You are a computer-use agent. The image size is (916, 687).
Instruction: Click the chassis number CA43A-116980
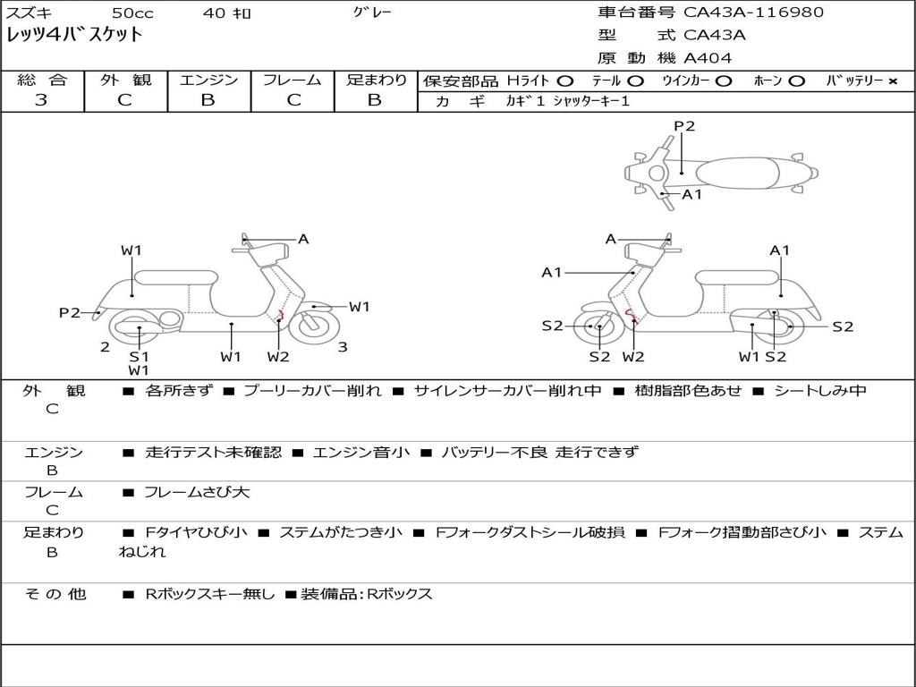(x=753, y=13)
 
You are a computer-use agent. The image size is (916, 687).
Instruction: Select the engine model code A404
(x=708, y=58)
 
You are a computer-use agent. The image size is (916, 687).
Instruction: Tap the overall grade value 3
(x=41, y=100)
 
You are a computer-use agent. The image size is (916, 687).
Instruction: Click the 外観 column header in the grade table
(x=126, y=80)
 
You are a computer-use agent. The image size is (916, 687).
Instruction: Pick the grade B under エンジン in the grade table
(x=208, y=100)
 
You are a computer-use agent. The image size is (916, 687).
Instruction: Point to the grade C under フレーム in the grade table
(x=292, y=100)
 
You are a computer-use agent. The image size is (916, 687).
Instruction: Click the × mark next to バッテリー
(x=892, y=81)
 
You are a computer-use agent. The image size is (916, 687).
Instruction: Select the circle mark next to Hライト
(x=565, y=81)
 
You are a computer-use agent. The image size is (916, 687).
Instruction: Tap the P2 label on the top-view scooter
(x=684, y=126)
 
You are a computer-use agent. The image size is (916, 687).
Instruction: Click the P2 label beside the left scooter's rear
(x=70, y=312)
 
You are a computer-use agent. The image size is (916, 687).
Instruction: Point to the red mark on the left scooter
(x=281, y=314)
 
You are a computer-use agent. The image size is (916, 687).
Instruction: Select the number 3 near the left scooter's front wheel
(x=342, y=347)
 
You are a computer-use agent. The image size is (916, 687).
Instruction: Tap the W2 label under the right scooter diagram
(x=633, y=357)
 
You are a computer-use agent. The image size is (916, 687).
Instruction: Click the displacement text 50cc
(x=131, y=13)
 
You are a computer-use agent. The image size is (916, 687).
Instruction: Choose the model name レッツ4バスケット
(x=74, y=36)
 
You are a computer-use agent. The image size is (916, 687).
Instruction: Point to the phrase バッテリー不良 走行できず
(x=539, y=453)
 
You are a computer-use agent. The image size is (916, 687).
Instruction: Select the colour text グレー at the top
(x=372, y=13)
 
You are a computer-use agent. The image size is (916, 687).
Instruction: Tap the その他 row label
(x=55, y=594)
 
